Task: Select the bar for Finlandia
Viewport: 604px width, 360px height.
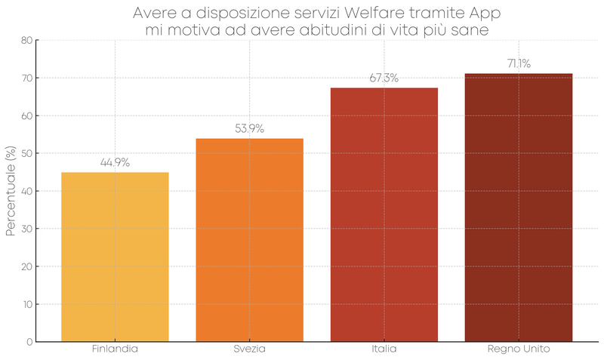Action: point(115,257)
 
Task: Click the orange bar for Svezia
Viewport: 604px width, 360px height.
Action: point(249,240)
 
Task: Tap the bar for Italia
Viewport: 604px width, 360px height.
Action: point(384,214)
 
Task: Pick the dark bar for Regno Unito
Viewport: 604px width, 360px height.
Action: point(518,208)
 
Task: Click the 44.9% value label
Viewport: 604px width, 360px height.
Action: point(115,162)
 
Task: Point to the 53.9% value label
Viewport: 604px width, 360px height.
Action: point(249,128)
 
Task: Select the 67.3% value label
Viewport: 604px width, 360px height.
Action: point(384,78)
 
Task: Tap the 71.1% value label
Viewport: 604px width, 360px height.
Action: point(518,63)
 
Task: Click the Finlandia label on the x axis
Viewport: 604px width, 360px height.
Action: point(115,349)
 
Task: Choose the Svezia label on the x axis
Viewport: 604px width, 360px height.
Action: point(249,349)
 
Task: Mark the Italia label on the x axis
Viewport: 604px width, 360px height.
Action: point(384,349)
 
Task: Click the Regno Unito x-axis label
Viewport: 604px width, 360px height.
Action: point(518,349)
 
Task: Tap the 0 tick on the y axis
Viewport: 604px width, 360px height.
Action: point(29,342)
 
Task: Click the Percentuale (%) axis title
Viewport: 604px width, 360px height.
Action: point(10,191)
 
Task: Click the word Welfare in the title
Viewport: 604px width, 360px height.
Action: point(391,13)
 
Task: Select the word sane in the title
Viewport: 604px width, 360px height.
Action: point(473,29)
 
